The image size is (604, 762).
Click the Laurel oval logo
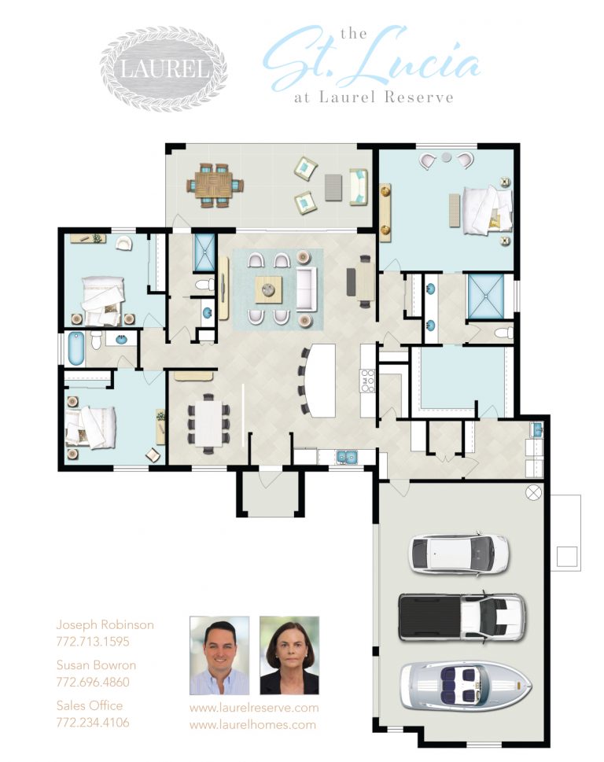(x=164, y=68)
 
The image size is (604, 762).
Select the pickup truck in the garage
(x=462, y=616)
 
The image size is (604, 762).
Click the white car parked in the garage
(x=459, y=554)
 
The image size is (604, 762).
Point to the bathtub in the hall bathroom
(x=76, y=348)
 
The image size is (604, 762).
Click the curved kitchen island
(x=320, y=380)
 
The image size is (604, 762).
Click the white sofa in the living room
(x=306, y=289)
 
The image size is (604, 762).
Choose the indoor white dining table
(x=209, y=424)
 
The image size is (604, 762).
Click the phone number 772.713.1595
(x=93, y=642)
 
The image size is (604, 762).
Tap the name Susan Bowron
(x=96, y=664)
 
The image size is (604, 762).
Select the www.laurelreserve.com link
(x=254, y=708)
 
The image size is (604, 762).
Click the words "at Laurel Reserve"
(x=374, y=97)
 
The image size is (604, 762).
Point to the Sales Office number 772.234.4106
(x=93, y=722)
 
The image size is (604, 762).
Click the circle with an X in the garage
(x=533, y=493)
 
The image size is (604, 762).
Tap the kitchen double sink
(x=347, y=458)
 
